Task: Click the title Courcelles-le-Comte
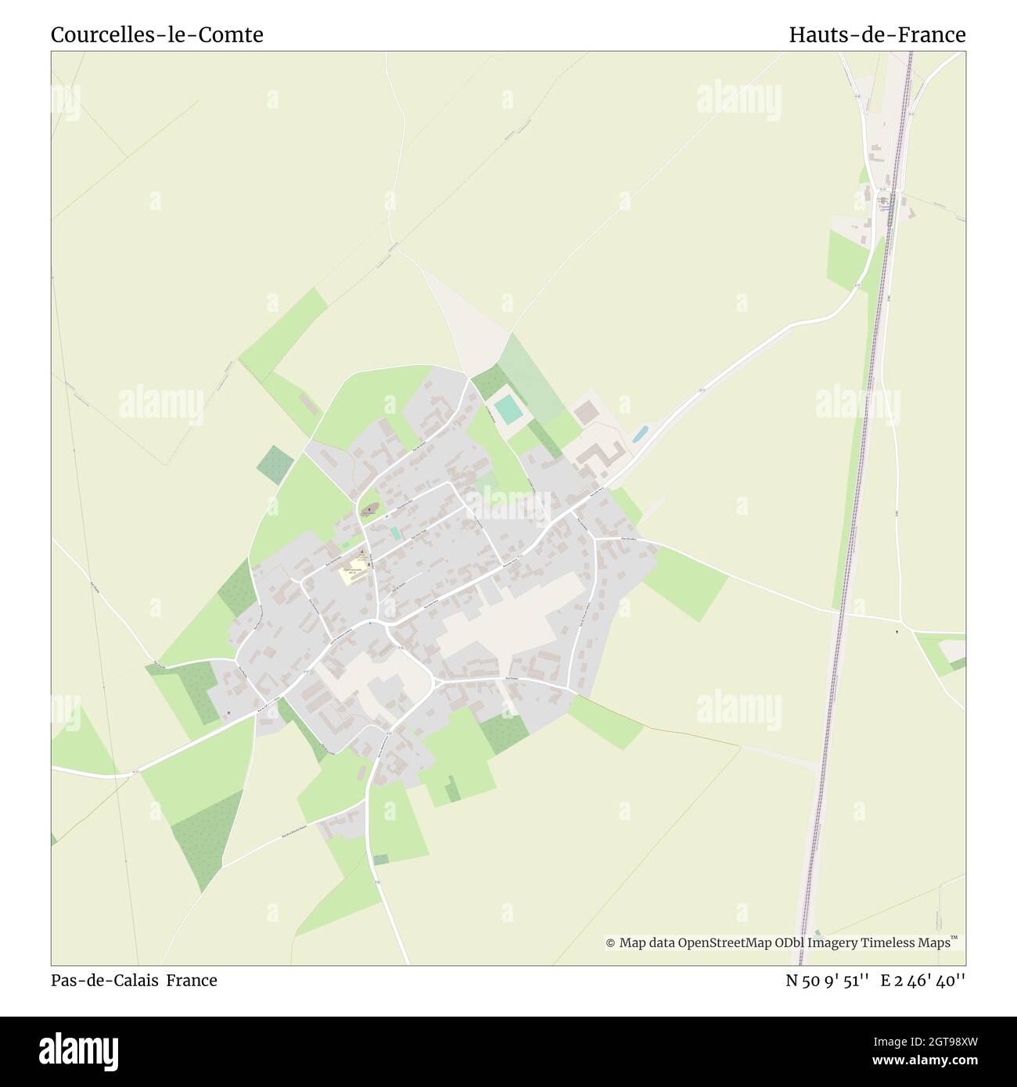pos(156,35)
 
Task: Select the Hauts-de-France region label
pos(877,35)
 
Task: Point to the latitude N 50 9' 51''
pos(828,980)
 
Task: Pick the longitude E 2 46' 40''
pos(923,980)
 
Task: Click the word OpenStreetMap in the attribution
pos(724,943)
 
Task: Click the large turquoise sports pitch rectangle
pos(508,409)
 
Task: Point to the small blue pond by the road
pos(639,432)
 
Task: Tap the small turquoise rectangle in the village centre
pos(395,533)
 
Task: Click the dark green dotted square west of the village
pos(274,463)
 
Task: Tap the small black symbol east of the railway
pos(897,630)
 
